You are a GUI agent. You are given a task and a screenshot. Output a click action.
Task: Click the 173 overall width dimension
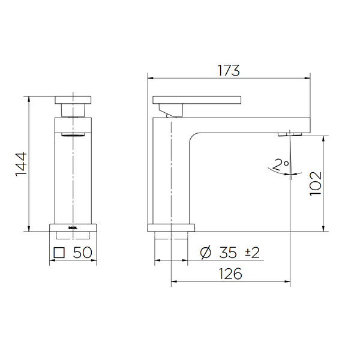pyautogui.click(x=229, y=70)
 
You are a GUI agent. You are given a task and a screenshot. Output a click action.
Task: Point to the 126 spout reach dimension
pyautogui.click(x=229, y=274)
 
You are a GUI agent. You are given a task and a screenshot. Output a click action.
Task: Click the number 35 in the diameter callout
pyautogui.click(x=229, y=253)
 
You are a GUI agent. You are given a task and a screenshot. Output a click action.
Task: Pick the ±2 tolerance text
pyautogui.click(x=252, y=253)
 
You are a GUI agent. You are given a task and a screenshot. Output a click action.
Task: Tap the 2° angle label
pyautogui.click(x=281, y=163)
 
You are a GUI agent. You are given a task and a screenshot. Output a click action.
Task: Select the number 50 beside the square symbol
pyautogui.click(x=82, y=253)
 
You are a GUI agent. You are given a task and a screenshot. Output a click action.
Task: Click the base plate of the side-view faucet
pyautogui.click(x=172, y=227)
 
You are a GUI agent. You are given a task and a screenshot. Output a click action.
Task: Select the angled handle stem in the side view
pyautogui.click(x=172, y=110)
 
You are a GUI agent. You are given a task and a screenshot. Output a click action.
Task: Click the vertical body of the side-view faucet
pyautogui.click(x=172, y=174)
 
